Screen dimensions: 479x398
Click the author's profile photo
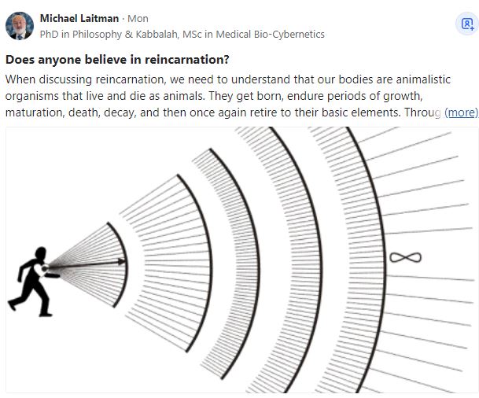[20, 26]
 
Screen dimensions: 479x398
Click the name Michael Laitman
[79, 19]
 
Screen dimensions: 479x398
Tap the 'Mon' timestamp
[138, 19]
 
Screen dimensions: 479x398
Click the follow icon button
[467, 24]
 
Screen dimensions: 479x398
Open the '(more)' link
[461, 112]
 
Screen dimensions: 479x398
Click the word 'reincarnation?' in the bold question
[187, 60]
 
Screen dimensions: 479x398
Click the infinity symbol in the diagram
[405, 257]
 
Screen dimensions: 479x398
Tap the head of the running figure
[41, 252]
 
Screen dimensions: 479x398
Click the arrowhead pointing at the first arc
[122, 261]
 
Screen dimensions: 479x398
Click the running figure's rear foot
[12, 305]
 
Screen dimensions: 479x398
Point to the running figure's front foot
[46, 314]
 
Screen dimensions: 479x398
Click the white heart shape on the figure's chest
[39, 270]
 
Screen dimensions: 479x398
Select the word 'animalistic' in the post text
[423, 79]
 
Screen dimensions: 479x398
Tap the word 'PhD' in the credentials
[50, 34]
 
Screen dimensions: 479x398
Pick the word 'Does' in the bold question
[20, 60]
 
